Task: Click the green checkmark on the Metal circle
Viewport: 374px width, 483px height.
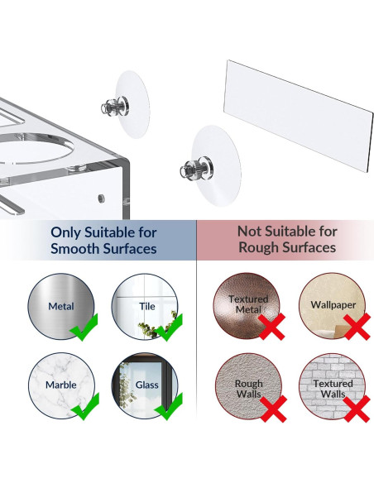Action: pyautogui.click(x=84, y=328)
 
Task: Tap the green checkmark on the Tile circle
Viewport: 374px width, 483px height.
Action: pyautogui.click(x=168, y=328)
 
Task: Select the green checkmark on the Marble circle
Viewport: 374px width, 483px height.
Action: pyautogui.click(x=85, y=407)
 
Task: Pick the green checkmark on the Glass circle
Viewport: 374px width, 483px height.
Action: pyautogui.click(x=168, y=407)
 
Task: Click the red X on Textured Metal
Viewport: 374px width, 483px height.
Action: pyautogui.click(x=271, y=328)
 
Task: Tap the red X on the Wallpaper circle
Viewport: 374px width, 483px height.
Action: pyautogui.click(x=357, y=327)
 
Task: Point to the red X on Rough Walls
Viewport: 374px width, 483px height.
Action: pyautogui.click(x=273, y=409)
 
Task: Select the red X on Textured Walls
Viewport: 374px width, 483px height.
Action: pyautogui.click(x=357, y=409)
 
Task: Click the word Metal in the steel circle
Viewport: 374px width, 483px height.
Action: pyautogui.click(x=61, y=306)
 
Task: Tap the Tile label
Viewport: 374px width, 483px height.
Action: pyautogui.click(x=147, y=306)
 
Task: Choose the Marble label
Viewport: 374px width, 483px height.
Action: pyautogui.click(x=61, y=385)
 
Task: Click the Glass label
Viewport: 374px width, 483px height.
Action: pyautogui.click(x=147, y=385)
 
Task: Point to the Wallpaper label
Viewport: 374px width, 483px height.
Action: pyautogui.click(x=333, y=305)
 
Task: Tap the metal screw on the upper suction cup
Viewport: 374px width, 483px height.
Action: pyautogui.click(x=115, y=105)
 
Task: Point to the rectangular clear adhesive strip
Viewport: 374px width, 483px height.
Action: pyautogui.click(x=298, y=115)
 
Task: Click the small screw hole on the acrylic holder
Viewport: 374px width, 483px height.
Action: pyautogui.click(x=101, y=198)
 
